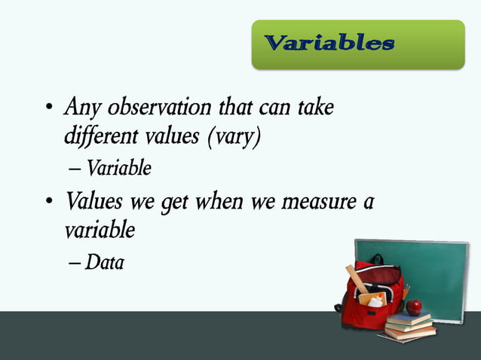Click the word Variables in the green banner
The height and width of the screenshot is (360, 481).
point(329,43)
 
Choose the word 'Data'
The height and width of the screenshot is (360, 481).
point(105,263)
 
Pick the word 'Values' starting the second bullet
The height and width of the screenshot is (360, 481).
point(93,202)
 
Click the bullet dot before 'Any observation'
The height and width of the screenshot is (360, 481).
point(48,111)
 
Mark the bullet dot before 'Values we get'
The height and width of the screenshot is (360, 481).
point(48,204)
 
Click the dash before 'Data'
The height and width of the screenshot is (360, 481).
point(75,264)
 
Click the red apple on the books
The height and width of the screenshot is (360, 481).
point(413,307)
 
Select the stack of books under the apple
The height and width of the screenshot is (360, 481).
point(409,325)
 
